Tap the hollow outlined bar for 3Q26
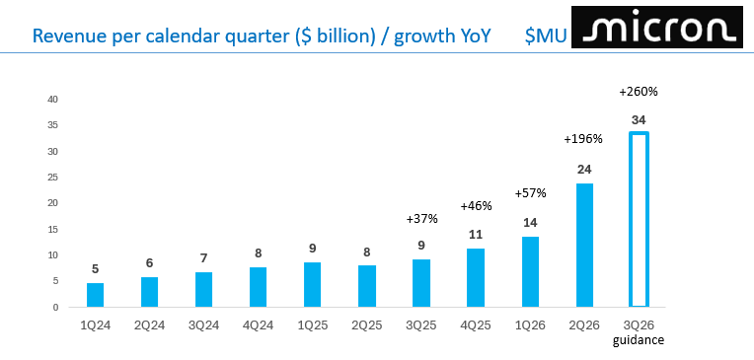(639, 219)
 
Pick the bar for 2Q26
(584, 245)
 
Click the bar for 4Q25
(475, 277)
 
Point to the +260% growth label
(639, 92)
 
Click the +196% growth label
(583, 139)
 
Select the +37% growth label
(421, 218)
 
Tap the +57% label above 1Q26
(530, 193)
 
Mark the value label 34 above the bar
(639, 119)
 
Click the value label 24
(584, 169)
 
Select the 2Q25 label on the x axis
(366, 324)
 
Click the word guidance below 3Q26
(639, 340)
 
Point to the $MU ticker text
(545, 36)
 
